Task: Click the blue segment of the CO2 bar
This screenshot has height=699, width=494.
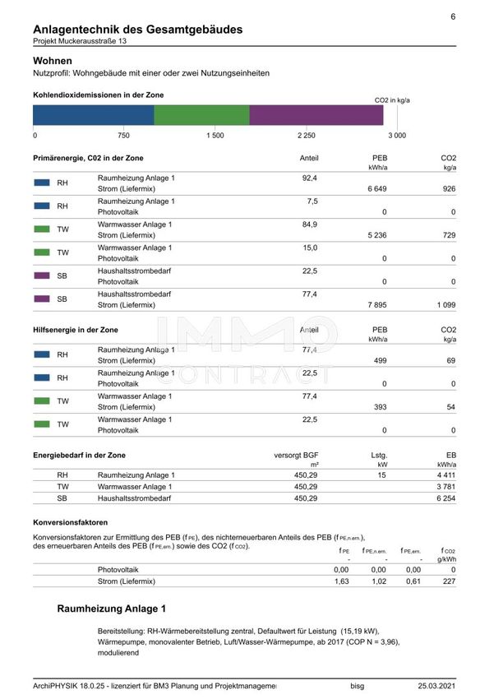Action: (x=94, y=115)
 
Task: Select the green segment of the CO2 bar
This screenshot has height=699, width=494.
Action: (x=201, y=115)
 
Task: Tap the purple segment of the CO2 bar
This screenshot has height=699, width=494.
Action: (x=316, y=115)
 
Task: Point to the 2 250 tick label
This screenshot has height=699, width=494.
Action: (x=306, y=135)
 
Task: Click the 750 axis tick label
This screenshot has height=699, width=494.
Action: (x=123, y=135)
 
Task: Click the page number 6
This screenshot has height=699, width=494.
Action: (x=453, y=16)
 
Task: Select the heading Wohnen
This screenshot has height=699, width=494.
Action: (x=53, y=61)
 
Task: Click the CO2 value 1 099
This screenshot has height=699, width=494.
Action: (x=443, y=304)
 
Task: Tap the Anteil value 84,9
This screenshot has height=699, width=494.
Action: (x=310, y=224)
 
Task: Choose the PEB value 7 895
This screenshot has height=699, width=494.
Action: (x=374, y=304)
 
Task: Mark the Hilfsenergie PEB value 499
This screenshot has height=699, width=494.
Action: (x=380, y=361)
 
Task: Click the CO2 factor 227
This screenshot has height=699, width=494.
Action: (x=448, y=581)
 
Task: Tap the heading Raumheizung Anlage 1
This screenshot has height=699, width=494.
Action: (x=112, y=609)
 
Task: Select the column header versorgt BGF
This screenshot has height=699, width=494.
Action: (x=296, y=455)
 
